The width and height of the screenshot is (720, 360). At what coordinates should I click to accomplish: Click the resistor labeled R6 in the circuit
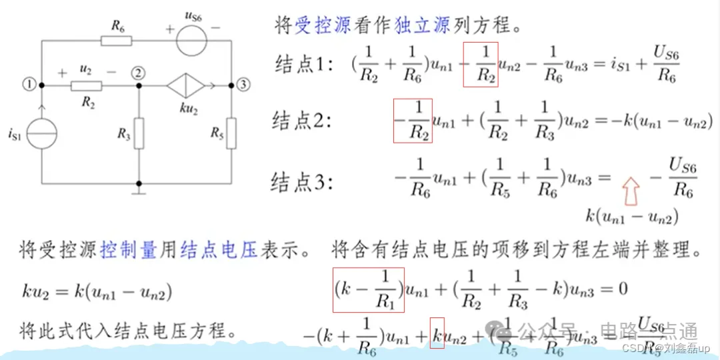116,41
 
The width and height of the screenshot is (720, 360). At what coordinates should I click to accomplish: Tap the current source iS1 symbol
42,134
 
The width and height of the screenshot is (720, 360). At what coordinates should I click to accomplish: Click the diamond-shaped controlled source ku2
185,86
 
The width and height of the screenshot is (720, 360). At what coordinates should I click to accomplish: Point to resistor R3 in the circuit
139,133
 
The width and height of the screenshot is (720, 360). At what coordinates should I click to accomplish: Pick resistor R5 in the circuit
231,133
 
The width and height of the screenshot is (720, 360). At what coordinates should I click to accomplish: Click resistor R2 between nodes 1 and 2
86,86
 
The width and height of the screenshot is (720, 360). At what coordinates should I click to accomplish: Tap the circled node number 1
28,84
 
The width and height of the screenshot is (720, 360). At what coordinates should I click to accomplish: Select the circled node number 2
138,73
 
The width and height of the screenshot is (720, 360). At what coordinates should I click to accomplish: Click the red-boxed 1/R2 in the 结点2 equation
413,121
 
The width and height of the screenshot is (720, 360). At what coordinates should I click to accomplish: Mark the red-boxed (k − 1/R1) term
369,290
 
